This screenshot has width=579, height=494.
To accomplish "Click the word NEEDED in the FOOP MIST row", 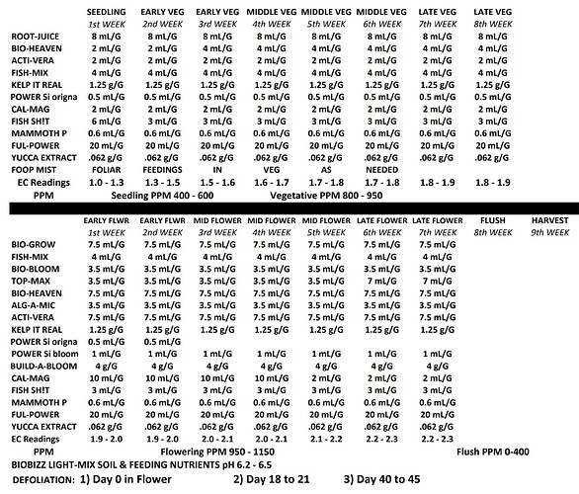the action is pos(380,169).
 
